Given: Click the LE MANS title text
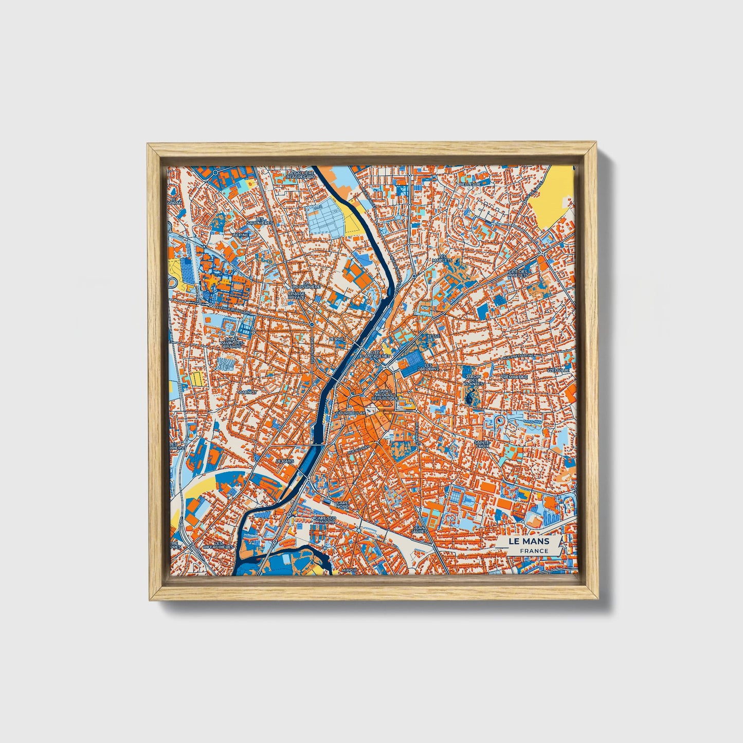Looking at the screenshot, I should tap(529, 541).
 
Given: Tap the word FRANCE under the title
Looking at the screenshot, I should tap(533, 551).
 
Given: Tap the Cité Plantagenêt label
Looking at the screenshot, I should tap(376, 354).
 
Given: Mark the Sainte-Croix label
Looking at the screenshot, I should tap(482, 443).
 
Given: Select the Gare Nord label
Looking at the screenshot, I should tap(342, 505).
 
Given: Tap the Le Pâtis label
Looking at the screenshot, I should tap(284, 462).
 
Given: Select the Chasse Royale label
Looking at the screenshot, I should tap(297, 296).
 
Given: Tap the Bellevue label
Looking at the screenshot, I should tap(469, 184).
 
